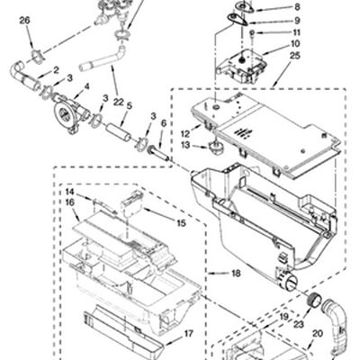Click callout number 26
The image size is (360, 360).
(x=25, y=21)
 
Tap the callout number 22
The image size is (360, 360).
(x=119, y=102)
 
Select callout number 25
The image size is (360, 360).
(x=295, y=56)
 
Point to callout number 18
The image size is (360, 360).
(x=236, y=274)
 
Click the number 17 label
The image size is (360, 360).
(x=189, y=333)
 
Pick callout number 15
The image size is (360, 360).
(x=181, y=223)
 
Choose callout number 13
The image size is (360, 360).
(x=185, y=145)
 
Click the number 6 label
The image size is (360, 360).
(x=164, y=123)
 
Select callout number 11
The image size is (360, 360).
(x=296, y=32)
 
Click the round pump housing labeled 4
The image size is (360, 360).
(x=70, y=112)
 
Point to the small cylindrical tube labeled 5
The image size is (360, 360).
(x=119, y=132)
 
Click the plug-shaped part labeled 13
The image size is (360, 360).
(x=215, y=147)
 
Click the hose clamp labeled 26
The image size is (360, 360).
(x=38, y=57)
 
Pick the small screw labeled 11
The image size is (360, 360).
(x=253, y=32)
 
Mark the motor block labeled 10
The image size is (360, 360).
(x=241, y=67)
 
